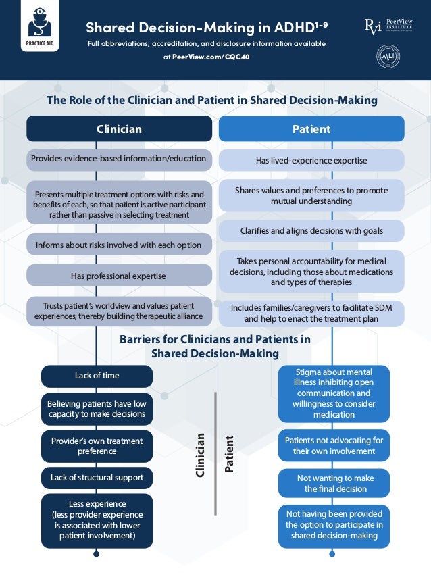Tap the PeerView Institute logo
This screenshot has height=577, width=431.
(387, 26)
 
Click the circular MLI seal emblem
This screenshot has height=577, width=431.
(387, 57)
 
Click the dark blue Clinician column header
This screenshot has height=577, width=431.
(119, 129)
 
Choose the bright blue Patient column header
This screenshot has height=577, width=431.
(311, 129)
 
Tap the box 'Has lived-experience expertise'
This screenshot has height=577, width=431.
(311, 161)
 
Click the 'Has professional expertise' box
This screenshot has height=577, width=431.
(119, 276)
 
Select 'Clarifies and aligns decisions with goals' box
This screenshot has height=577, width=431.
(311, 231)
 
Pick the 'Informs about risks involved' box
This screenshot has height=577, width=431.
(119, 245)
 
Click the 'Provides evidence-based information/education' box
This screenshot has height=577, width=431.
(119, 159)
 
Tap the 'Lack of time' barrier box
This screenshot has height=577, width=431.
(97, 376)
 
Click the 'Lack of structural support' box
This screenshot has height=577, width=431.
(97, 478)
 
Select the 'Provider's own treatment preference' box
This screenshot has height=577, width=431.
(97, 446)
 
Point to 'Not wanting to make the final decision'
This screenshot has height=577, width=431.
(334, 483)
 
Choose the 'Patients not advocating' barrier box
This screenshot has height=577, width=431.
(334, 445)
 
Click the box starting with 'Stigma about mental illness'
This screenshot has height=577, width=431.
(334, 393)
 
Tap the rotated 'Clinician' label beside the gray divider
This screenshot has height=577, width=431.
(200, 455)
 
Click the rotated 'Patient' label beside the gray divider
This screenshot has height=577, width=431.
(230, 453)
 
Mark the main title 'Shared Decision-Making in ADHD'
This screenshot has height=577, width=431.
(207, 28)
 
